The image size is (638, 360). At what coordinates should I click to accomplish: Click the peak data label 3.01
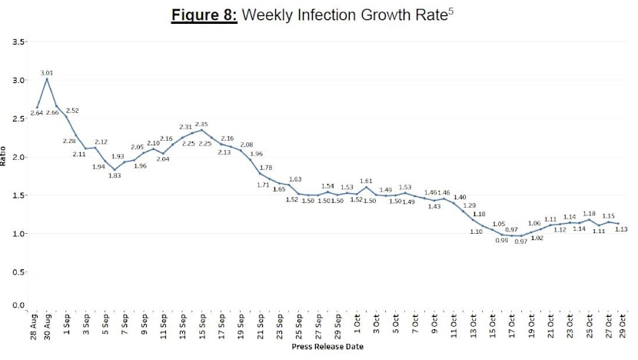46,72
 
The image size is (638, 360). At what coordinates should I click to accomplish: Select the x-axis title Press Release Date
328,347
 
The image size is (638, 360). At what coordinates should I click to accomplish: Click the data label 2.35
202,123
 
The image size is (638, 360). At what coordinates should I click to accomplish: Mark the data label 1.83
115,176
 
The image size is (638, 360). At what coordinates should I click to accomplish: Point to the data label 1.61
366,181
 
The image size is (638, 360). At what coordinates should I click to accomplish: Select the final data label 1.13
622,229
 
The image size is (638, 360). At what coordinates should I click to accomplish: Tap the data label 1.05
498,224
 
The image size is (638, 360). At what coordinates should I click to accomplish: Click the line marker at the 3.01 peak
47,79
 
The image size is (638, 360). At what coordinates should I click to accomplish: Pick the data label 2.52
72,111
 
